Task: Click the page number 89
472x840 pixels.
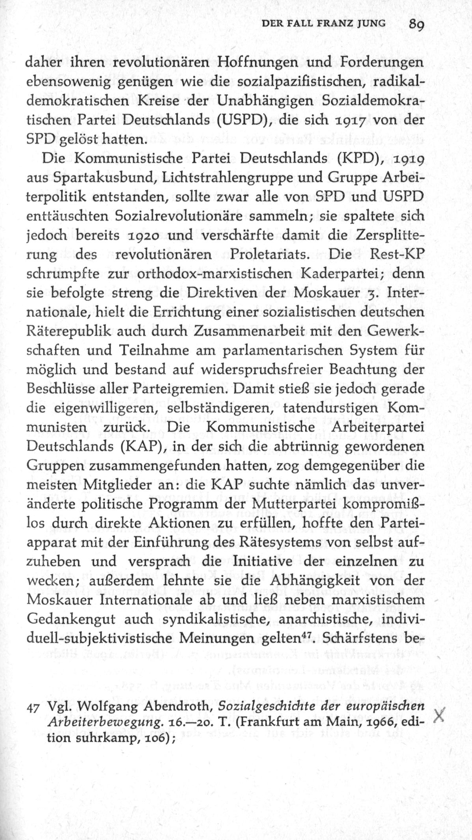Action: (416, 24)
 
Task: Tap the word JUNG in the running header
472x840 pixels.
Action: (371, 24)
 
